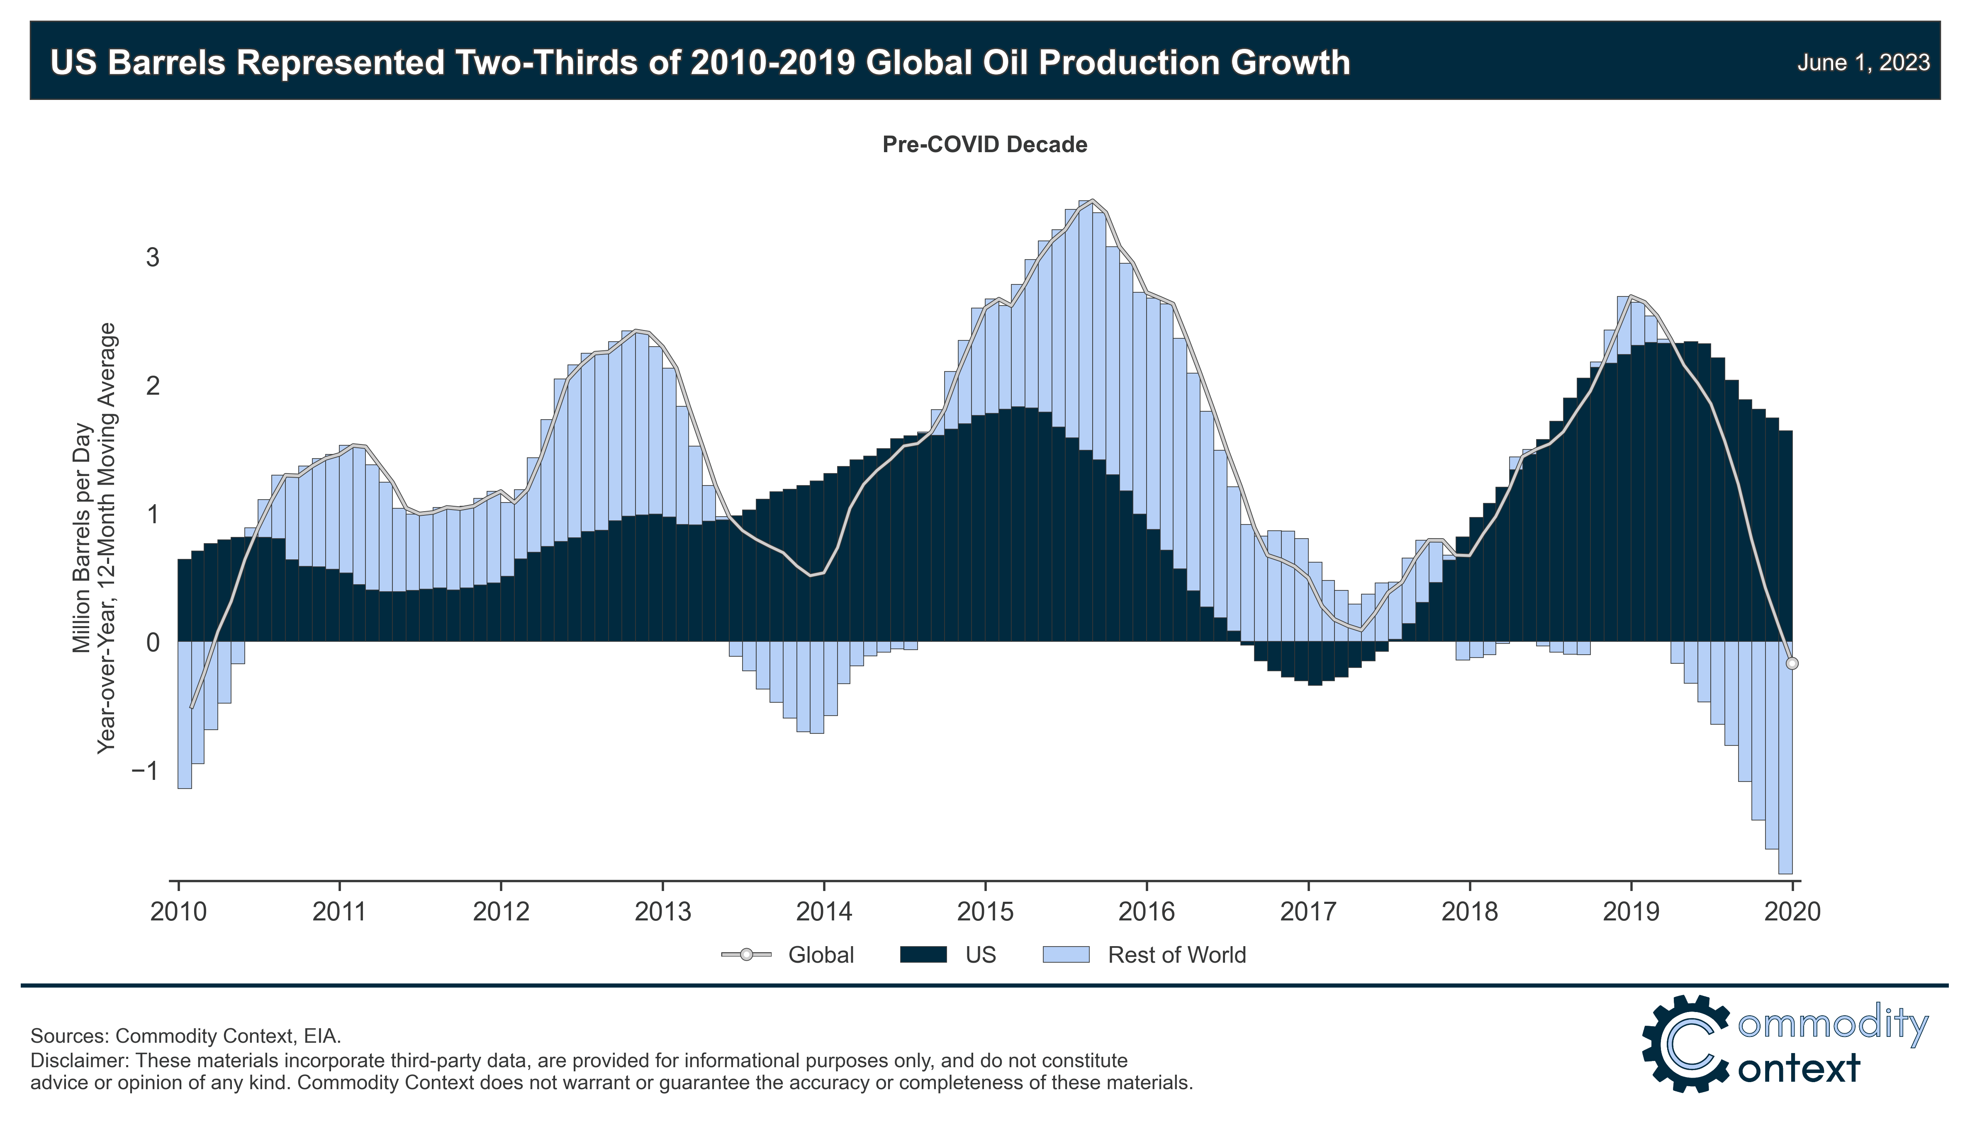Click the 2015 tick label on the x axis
tap(985, 912)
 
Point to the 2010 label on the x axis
tap(178, 912)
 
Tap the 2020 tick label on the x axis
tap(1792, 912)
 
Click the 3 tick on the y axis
tap(152, 257)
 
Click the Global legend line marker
tap(746, 955)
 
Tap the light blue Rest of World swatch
tap(1066, 955)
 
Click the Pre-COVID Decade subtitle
tap(985, 144)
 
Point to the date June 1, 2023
tap(1863, 63)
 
